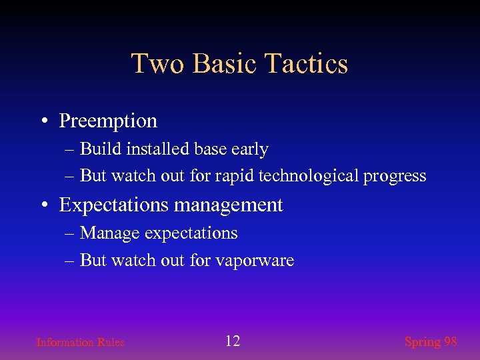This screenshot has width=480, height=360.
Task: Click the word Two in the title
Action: (x=154, y=64)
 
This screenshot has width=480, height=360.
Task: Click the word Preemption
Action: (x=108, y=121)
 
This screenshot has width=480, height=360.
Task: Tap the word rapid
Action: (x=234, y=176)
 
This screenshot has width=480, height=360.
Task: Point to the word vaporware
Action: (x=255, y=261)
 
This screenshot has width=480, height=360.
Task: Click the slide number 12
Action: (x=232, y=341)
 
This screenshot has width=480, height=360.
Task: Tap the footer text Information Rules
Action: (x=80, y=343)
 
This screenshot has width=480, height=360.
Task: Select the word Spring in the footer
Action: (x=423, y=342)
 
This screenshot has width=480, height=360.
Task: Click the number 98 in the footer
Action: (x=451, y=341)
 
